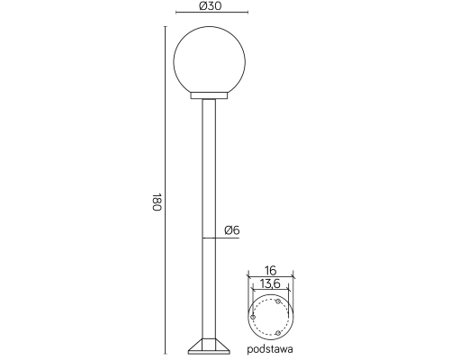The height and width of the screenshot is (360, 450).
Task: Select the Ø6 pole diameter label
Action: [231, 230]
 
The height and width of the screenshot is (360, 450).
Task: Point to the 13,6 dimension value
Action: [269, 285]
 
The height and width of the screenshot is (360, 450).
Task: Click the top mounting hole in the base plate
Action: [278, 301]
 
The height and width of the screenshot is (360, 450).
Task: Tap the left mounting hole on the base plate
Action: [253, 317]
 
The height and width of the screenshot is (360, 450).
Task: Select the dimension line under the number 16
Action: [269, 277]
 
